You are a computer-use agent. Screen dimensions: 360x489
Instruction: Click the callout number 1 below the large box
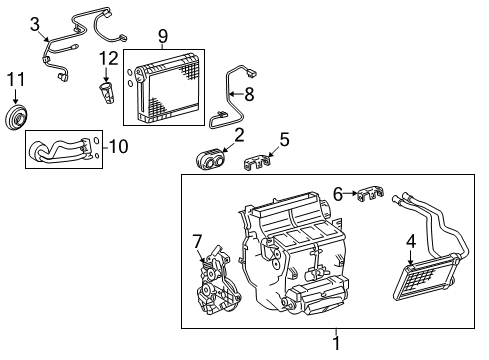coord(336,344)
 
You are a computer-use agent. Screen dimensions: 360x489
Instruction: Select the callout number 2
coord(239,134)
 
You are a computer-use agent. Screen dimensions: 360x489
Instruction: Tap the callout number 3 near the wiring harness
coord(35,23)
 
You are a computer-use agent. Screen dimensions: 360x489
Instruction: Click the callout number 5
coord(284,139)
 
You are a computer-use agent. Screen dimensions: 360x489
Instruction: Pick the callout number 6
coord(338,194)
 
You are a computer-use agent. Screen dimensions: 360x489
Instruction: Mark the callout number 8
coord(250,94)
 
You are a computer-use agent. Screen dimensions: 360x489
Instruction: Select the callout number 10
coord(118,147)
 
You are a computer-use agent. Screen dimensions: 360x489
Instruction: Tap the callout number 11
coord(15,79)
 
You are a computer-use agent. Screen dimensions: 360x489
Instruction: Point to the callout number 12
coord(109,59)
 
